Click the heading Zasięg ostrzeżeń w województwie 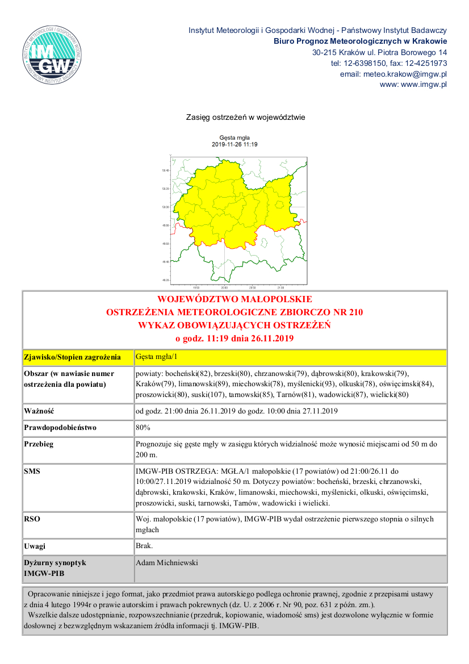246,118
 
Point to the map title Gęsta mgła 235,137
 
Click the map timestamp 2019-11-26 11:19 235,144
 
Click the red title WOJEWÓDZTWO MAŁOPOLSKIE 235,299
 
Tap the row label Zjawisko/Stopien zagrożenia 72,358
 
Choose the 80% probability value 143,427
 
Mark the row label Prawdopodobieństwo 60,427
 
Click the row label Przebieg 39,444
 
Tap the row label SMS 32,471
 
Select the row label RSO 32,519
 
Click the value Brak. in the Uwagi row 144,546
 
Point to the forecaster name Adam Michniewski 167,563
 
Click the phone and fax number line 389,63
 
